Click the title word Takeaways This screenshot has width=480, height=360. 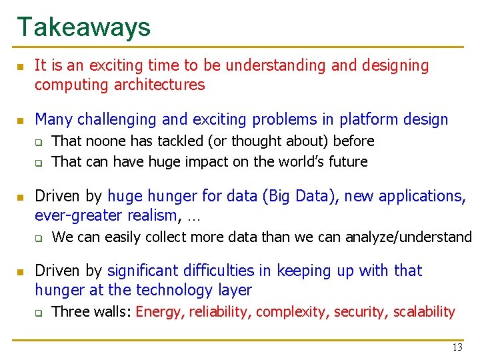tap(84, 27)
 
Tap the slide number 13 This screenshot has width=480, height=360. tap(457, 347)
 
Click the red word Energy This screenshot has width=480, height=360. tap(159, 312)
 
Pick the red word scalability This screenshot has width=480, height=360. tap(424, 311)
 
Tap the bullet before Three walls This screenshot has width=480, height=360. tap(39, 312)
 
